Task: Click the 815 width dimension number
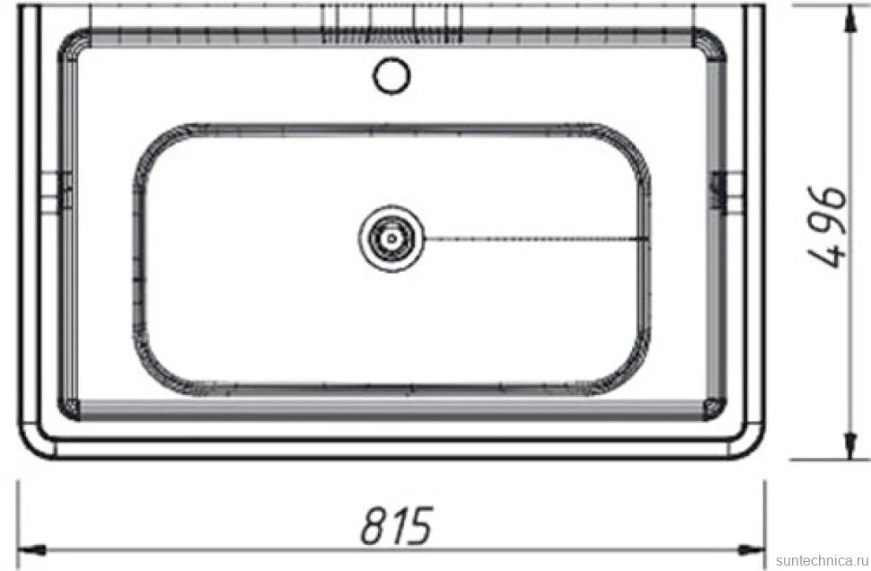pyautogui.click(x=397, y=525)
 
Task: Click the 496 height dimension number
pyautogui.click(x=827, y=226)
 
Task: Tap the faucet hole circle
pyautogui.click(x=392, y=75)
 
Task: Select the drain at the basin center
pyautogui.click(x=392, y=238)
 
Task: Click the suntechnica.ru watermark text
pyautogui.click(x=823, y=560)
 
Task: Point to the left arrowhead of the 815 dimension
pyautogui.click(x=31, y=549)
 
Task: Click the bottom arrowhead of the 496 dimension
pyautogui.click(x=849, y=445)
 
